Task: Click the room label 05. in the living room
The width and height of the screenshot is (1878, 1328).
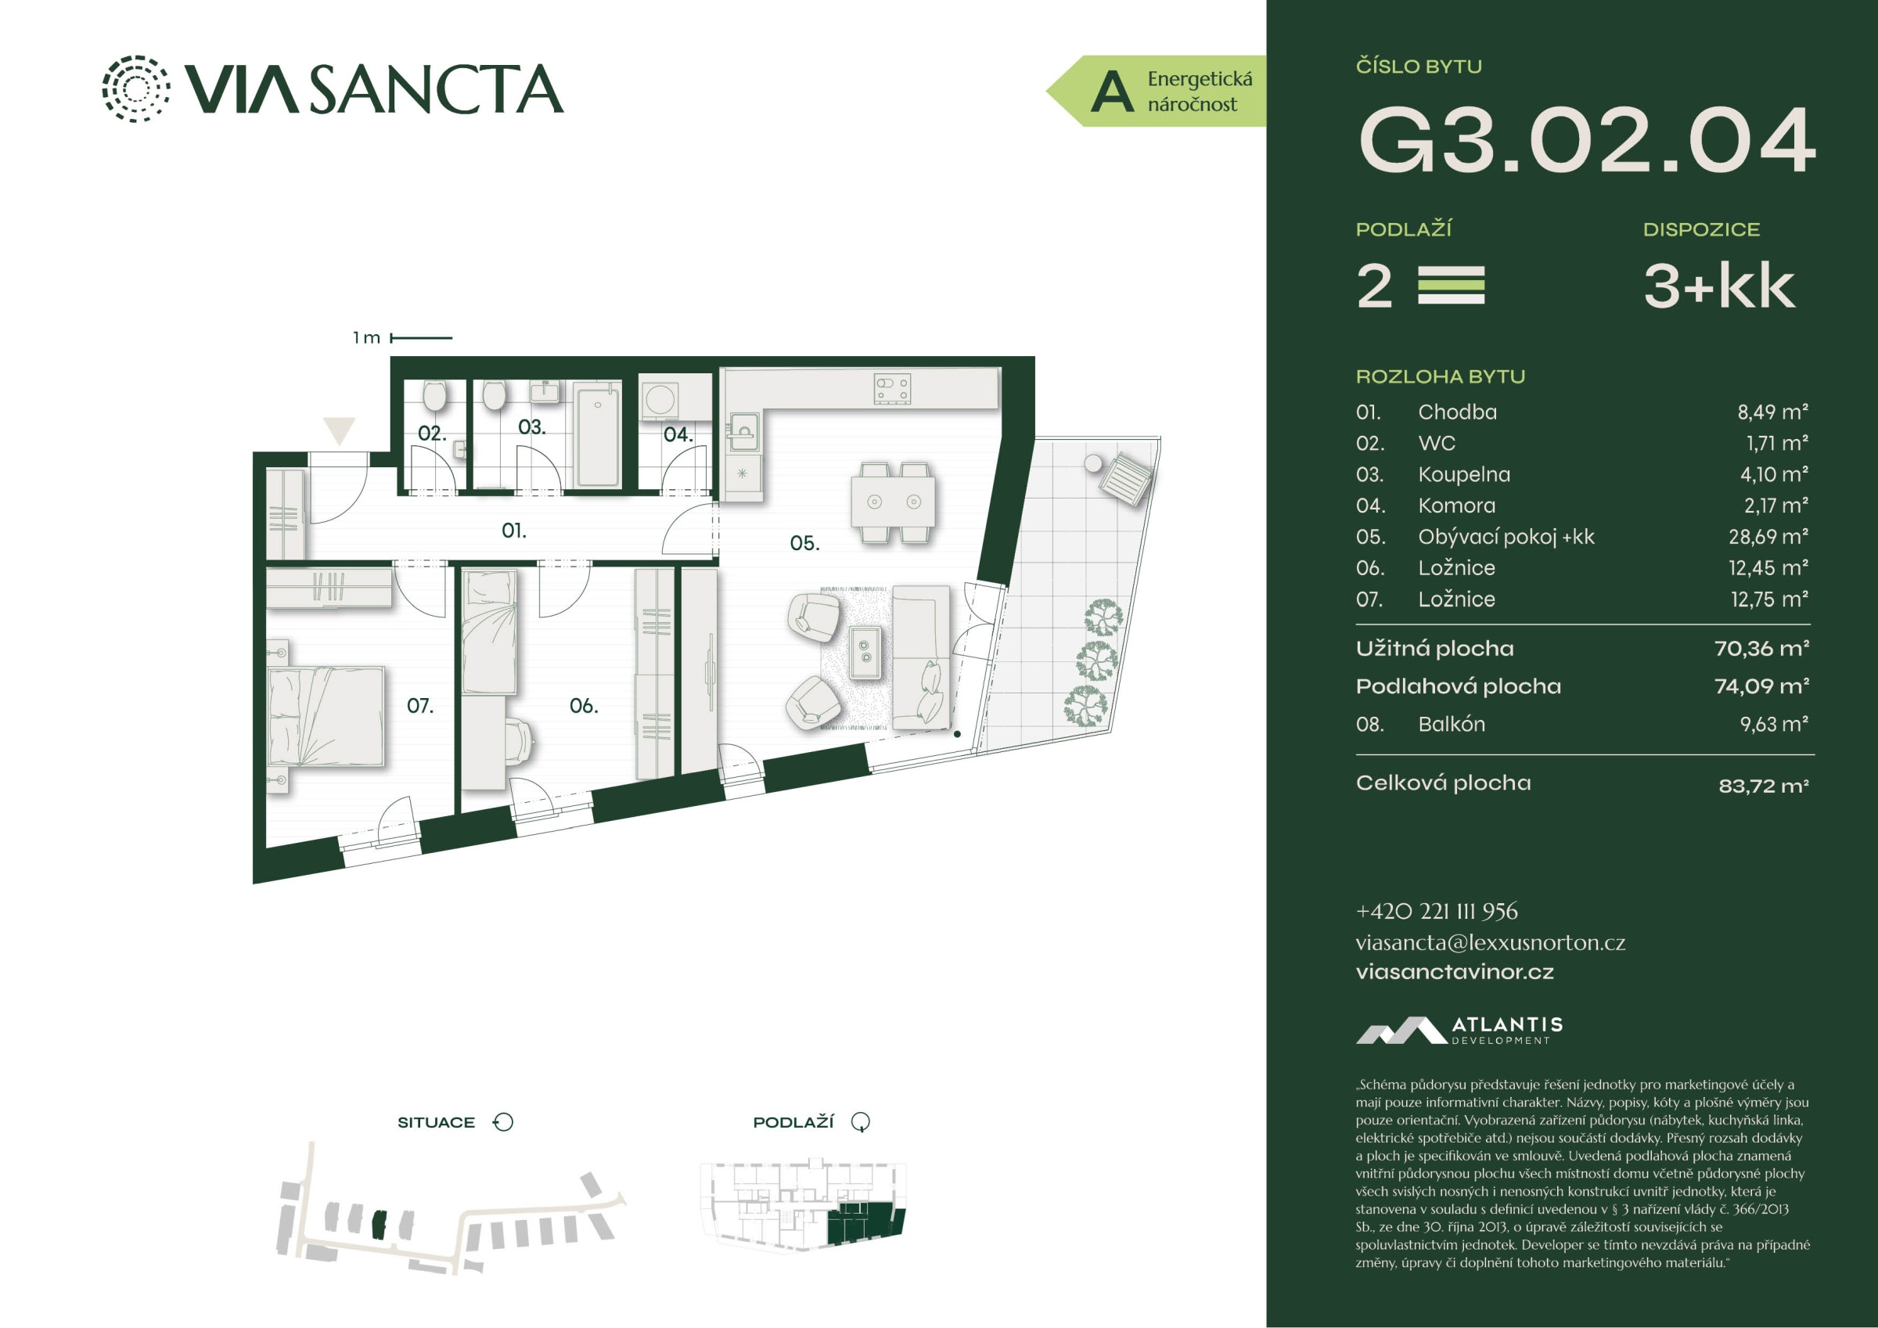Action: [x=805, y=542]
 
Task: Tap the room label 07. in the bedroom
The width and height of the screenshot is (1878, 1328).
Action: [x=419, y=705]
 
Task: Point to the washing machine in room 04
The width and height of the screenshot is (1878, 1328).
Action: [x=661, y=400]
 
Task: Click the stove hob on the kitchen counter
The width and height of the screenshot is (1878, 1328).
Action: [x=892, y=389]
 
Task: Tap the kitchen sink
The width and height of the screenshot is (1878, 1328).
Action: [x=744, y=431]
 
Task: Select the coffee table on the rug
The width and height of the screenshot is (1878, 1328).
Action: [x=865, y=652]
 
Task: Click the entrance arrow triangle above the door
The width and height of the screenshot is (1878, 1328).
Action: [x=340, y=430]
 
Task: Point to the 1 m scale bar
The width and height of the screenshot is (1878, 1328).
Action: [x=421, y=337]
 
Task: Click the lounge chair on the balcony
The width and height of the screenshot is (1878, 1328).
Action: [x=1126, y=480]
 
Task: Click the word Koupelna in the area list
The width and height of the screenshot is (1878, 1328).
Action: [x=1464, y=474]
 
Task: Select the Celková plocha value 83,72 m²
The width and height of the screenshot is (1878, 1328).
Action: [x=1764, y=786]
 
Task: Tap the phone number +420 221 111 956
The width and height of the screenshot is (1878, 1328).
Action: [x=1437, y=911]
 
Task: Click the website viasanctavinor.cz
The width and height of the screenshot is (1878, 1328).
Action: [x=1455, y=972]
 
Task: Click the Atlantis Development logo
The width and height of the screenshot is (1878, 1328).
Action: [x=1459, y=1030]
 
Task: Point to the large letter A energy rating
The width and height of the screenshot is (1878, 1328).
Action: [x=1113, y=92]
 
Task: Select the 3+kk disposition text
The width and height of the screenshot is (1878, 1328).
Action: [x=1719, y=286]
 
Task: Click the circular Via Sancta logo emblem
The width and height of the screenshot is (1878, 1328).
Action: [x=137, y=88]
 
